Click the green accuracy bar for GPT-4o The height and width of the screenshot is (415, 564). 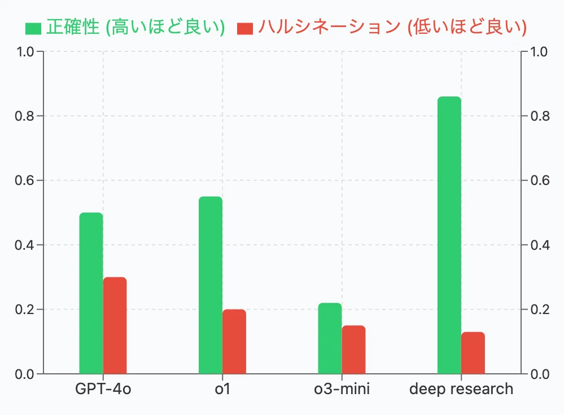click(x=91, y=293)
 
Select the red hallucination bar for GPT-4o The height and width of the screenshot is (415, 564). click(x=115, y=325)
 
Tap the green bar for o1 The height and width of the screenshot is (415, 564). click(x=211, y=285)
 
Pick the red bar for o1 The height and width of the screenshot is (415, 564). click(x=234, y=341)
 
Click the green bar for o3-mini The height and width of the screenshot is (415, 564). click(x=330, y=338)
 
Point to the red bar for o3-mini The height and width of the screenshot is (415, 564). click(x=354, y=350)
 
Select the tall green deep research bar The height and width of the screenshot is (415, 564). click(x=449, y=235)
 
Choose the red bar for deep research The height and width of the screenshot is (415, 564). click(x=473, y=353)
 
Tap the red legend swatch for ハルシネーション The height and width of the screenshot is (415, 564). click(x=245, y=28)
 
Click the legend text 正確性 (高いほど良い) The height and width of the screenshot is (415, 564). click(x=135, y=27)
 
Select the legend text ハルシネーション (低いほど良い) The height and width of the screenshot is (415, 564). click(x=392, y=27)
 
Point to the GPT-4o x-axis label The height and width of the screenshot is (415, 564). click(x=103, y=389)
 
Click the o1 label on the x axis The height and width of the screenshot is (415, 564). click(x=222, y=389)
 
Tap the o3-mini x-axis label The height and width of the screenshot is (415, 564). click(x=342, y=389)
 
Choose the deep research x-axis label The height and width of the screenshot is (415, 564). click(x=461, y=389)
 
